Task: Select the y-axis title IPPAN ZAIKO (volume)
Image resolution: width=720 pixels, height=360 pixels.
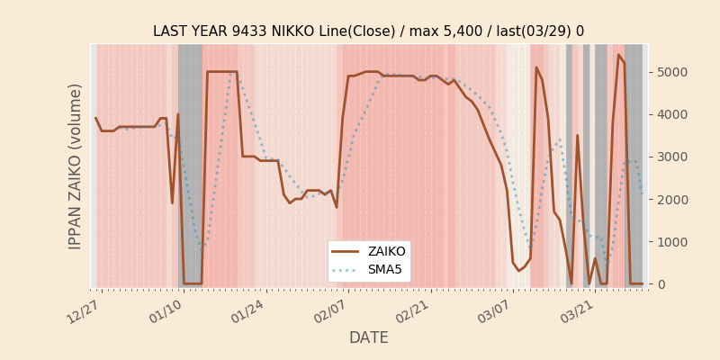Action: tap(76, 166)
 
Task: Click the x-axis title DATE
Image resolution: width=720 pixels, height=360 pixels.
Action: tap(369, 338)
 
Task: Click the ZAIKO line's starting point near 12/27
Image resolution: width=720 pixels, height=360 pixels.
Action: tap(95, 118)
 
